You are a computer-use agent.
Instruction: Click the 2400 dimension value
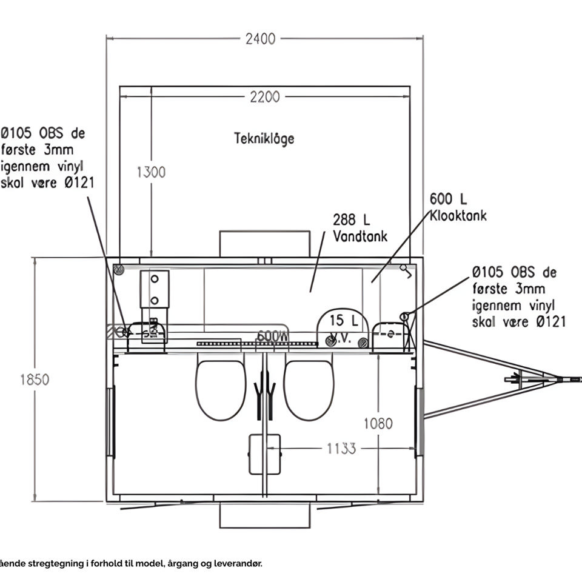click(261, 39)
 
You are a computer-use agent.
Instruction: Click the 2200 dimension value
click(265, 97)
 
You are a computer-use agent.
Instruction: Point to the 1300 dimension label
click(150, 172)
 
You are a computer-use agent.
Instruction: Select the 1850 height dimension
click(35, 380)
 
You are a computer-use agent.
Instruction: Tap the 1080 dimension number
click(378, 423)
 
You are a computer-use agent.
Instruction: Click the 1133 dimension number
click(341, 449)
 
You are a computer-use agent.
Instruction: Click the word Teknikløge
click(264, 138)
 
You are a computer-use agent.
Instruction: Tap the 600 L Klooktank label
click(457, 207)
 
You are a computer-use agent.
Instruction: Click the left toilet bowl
click(221, 390)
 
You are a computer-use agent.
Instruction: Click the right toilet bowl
click(309, 390)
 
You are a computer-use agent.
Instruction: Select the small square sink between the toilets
click(265, 454)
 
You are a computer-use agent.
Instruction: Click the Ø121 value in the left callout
click(78, 182)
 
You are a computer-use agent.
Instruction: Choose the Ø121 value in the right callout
click(550, 322)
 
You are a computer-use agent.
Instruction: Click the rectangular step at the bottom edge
click(265, 515)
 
